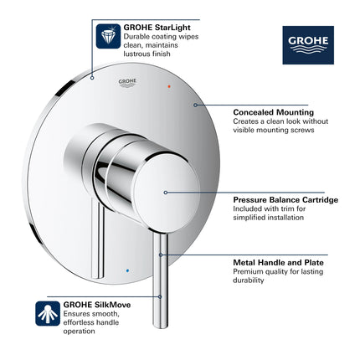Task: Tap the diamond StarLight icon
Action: (107, 36)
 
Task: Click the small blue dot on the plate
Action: (126, 271)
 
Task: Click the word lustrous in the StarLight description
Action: (138, 54)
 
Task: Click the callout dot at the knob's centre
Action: (166, 192)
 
